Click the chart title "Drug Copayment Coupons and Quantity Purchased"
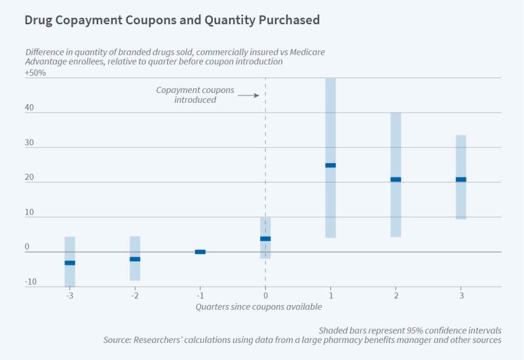(x=172, y=20)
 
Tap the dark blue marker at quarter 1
(x=331, y=166)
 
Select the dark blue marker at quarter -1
(x=200, y=252)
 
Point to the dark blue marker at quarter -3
(x=70, y=263)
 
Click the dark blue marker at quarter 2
(x=396, y=179)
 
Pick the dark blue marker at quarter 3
(x=461, y=179)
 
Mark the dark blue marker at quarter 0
(x=265, y=239)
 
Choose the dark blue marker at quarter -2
(x=135, y=259)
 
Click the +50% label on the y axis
(x=35, y=73)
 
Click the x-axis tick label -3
(x=69, y=295)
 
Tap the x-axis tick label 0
(x=265, y=295)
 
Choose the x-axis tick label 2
(x=396, y=295)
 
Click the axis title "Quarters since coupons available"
(x=259, y=306)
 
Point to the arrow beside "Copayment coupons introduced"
(x=248, y=96)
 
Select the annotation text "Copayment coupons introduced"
(x=195, y=95)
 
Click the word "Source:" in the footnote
(x=119, y=340)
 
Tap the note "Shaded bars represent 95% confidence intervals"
(x=410, y=330)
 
